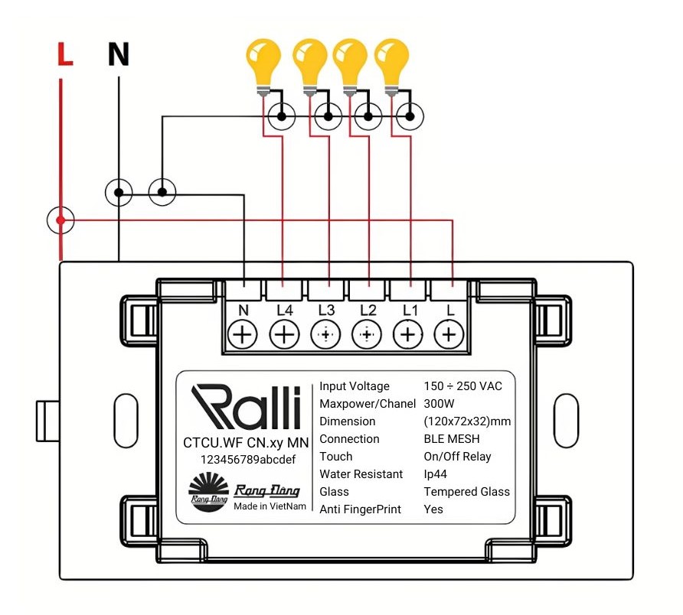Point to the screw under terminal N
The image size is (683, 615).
pyautogui.click(x=243, y=334)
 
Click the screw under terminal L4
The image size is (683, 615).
pyautogui.click(x=284, y=334)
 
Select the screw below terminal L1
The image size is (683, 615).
pyautogui.click(x=408, y=334)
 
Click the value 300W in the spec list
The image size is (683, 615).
pyautogui.click(x=440, y=404)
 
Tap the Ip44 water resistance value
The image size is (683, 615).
pyautogui.click(x=435, y=474)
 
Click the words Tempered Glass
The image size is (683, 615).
pyautogui.click(x=466, y=492)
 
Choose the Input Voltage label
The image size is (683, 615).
pyautogui.click(x=355, y=386)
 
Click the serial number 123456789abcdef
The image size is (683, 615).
pyautogui.click(x=246, y=459)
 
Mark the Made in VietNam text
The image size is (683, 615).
pyautogui.click(x=270, y=506)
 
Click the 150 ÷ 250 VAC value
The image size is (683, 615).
pyautogui.click(x=462, y=386)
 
